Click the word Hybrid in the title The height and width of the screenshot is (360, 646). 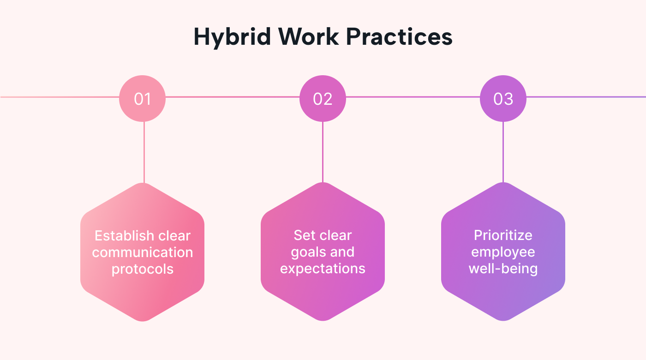pyautogui.click(x=232, y=37)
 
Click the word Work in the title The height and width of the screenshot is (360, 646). pyautogui.click(x=308, y=36)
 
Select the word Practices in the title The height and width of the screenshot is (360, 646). pyautogui.click(x=400, y=36)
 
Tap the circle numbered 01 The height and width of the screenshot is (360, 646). pyautogui.click(x=143, y=98)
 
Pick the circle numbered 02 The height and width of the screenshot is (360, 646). pyautogui.click(x=323, y=98)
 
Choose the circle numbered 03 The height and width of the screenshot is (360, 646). pyautogui.click(x=503, y=98)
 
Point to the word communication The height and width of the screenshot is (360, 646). pyautogui.click(x=143, y=252)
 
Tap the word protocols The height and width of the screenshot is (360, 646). pyautogui.click(x=143, y=270)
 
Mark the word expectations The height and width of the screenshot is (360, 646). pyautogui.click(x=323, y=269)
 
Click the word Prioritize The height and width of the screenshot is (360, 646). pyautogui.click(x=503, y=235)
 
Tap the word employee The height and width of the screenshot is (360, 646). pyautogui.click(x=503, y=252)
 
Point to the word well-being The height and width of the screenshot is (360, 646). pyautogui.click(x=503, y=269)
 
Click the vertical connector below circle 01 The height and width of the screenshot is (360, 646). pyautogui.click(x=144, y=152)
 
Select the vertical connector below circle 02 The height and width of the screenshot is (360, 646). pyautogui.click(x=323, y=152)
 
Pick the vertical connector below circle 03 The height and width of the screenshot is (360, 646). pyautogui.click(x=503, y=152)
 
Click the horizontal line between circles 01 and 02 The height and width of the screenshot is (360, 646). pyautogui.click(x=233, y=97)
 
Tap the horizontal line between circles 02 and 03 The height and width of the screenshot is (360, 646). pyautogui.click(x=413, y=97)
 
